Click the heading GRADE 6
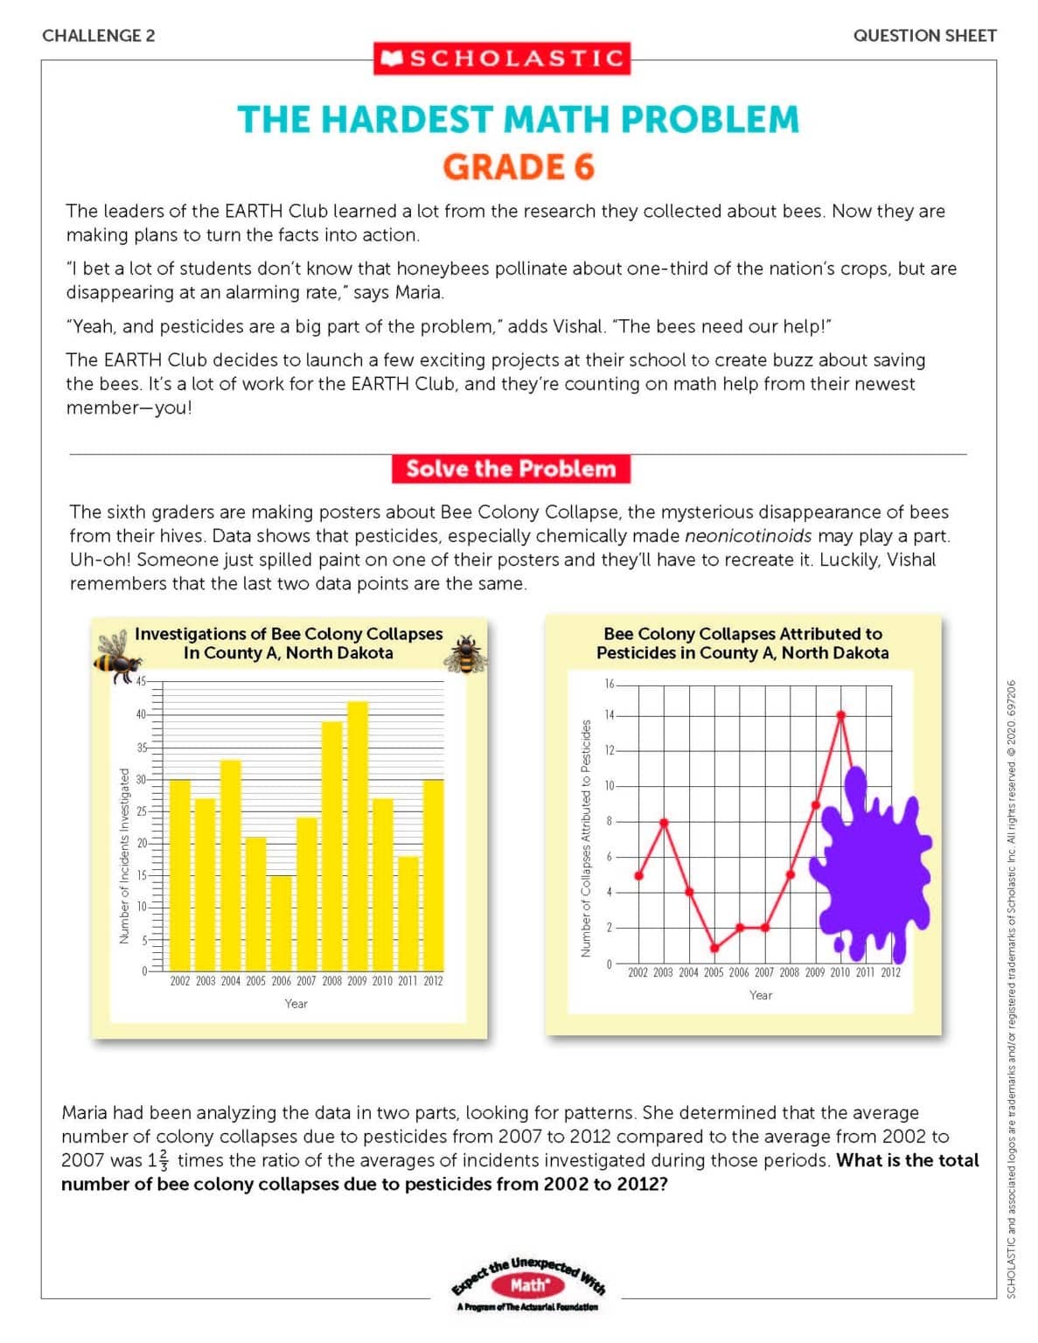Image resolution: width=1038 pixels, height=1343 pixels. tap(518, 166)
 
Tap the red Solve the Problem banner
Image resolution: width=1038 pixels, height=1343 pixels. tap(511, 469)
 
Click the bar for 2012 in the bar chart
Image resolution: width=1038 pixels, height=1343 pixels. tap(433, 874)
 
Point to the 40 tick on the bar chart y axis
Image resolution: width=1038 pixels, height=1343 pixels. tap(140, 714)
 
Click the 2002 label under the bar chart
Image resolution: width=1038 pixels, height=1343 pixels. tap(179, 981)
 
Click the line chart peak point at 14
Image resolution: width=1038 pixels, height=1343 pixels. tap(841, 715)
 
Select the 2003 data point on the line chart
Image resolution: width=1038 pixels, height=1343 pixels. tap(664, 822)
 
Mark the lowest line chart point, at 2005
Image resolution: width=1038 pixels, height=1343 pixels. tap(714, 948)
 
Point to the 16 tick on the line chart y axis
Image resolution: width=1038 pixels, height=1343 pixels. tap(610, 684)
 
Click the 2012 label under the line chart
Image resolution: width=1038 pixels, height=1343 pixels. tap(890, 972)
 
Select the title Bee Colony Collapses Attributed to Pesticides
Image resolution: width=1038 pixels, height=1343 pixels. tap(742, 643)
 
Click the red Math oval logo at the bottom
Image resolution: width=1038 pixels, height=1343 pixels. tap(528, 1285)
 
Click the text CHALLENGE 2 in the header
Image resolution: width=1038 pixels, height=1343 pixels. tap(99, 36)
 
